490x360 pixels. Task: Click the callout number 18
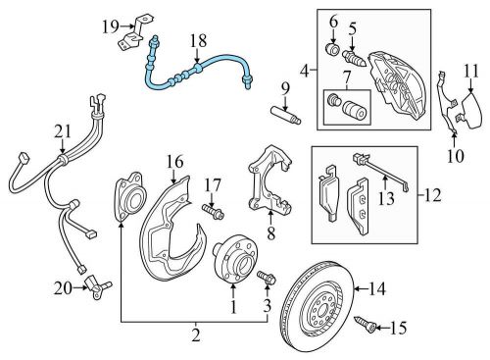(x=199, y=41)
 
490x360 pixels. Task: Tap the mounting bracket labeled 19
(x=134, y=32)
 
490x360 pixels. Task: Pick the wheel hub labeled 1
(x=235, y=260)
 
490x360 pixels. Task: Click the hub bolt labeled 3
(x=267, y=278)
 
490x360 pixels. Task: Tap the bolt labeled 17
(x=213, y=211)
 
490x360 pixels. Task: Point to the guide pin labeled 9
(x=286, y=115)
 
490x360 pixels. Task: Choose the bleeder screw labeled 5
(x=356, y=58)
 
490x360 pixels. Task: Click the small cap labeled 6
(x=333, y=49)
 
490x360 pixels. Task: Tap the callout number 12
(x=433, y=195)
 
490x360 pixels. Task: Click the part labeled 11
(x=471, y=111)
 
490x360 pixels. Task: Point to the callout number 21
(x=63, y=131)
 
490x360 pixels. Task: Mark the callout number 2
(x=196, y=335)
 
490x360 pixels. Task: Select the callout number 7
(x=346, y=78)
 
